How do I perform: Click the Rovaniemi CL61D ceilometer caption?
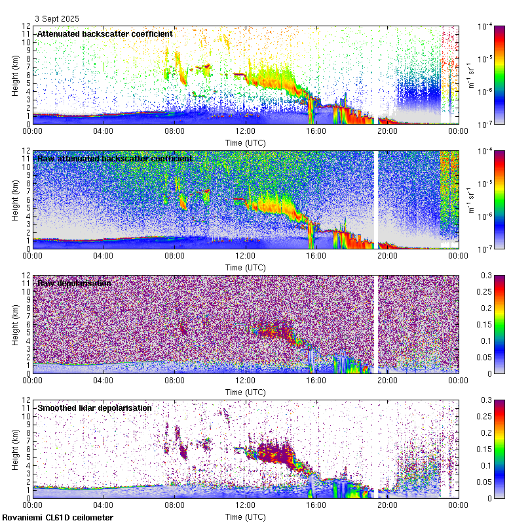[58, 518]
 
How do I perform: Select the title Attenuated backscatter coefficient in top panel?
[105, 33]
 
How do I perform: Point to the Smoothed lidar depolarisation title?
[94, 408]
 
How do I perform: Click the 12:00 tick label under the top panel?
[245, 131]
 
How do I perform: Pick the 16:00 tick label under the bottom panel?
[316, 505]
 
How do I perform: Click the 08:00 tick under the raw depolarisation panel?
[174, 380]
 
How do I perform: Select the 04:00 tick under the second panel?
[104, 255]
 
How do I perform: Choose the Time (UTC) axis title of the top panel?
[245, 142]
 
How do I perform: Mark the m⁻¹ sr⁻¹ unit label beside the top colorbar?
[471, 75]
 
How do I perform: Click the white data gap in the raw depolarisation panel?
[376, 324]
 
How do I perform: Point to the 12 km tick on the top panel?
[26, 26]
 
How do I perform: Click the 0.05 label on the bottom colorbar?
[487, 482]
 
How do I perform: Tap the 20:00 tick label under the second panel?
[387, 255]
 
